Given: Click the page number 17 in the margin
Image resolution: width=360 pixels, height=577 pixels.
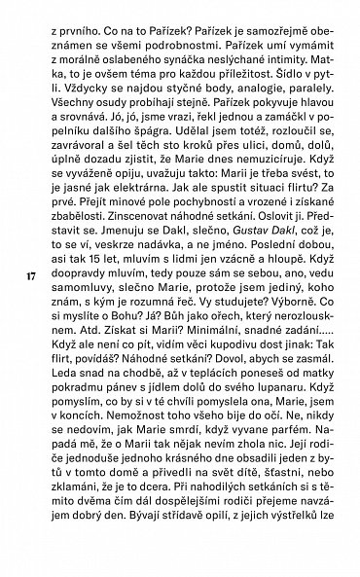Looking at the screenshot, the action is (x=31, y=303).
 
